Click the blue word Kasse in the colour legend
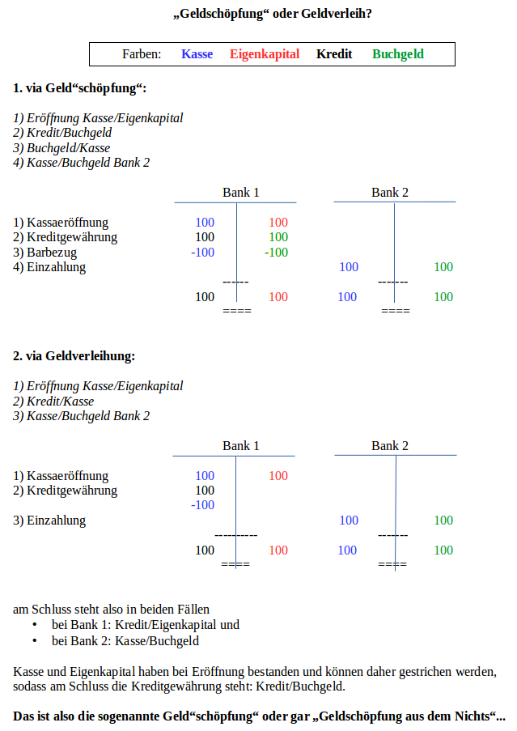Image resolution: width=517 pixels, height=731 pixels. (x=197, y=54)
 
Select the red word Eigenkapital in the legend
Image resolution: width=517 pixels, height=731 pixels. (x=265, y=54)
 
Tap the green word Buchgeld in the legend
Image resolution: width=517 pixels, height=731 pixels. (x=398, y=54)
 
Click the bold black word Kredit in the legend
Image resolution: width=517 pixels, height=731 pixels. (x=334, y=54)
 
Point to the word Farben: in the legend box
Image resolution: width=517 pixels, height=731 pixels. (x=142, y=54)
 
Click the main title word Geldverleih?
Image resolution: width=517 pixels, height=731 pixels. (x=337, y=14)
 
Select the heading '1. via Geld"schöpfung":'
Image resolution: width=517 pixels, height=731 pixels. (x=79, y=88)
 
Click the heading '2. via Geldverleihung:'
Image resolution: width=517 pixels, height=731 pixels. (x=74, y=356)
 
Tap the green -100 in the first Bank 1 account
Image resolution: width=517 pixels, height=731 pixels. (x=276, y=253)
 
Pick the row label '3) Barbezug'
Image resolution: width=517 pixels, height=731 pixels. (x=44, y=253)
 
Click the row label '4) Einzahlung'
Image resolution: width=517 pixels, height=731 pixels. (x=49, y=267)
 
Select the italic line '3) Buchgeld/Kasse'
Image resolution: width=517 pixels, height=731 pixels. (x=61, y=148)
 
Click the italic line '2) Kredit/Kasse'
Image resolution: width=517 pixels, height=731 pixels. (x=53, y=401)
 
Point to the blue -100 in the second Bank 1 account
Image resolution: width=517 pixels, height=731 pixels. (x=202, y=505)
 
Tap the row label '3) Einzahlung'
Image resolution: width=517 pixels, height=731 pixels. (x=49, y=521)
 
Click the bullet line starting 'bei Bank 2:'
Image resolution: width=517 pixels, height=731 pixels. (x=125, y=641)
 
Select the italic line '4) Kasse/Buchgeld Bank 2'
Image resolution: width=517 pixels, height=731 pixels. (x=82, y=163)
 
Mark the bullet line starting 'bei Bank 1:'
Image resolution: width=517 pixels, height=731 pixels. (x=146, y=625)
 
